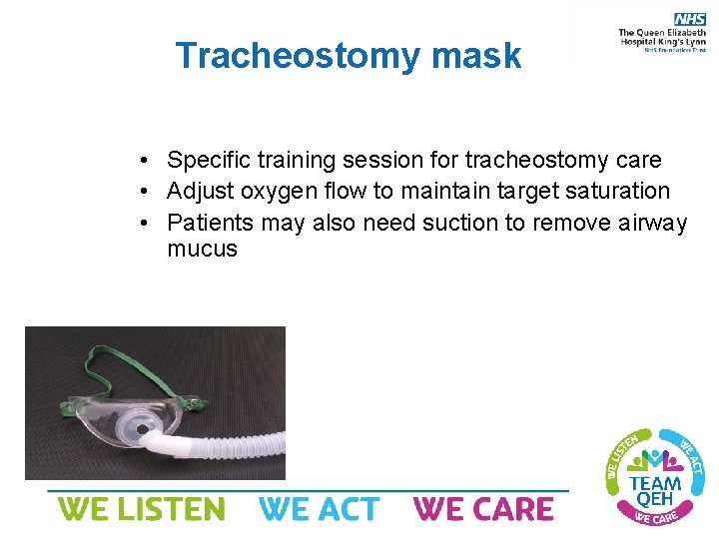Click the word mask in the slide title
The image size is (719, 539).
[475, 56]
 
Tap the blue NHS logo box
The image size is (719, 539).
[690, 19]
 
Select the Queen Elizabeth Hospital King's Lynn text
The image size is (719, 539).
[662, 40]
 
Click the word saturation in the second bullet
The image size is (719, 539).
[615, 190]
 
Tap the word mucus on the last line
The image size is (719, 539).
[203, 250]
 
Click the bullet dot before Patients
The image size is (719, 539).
[146, 222]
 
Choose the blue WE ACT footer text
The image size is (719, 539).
[319, 509]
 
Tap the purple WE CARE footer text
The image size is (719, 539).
[483, 509]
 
